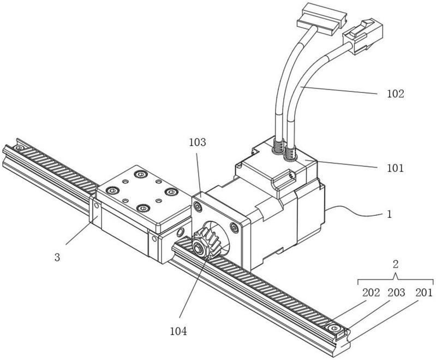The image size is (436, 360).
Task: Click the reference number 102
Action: click(396, 94)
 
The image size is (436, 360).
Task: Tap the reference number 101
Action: click(395, 168)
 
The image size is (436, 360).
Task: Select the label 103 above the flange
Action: click(198, 142)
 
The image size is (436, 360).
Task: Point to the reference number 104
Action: click(178, 332)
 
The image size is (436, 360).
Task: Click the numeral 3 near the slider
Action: click(57, 257)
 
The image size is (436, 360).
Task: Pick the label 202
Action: click(371, 293)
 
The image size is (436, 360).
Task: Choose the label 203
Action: click(396, 293)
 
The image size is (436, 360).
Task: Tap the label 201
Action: click(424, 293)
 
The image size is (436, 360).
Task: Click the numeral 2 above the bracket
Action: click(396, 264)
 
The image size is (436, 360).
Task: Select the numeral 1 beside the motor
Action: click(390, 214)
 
